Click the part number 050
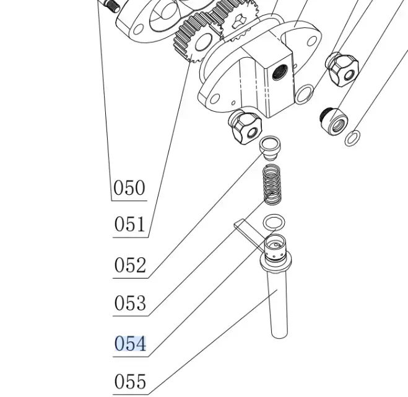129,187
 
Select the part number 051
129,224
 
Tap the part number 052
130,265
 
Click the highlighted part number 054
130,343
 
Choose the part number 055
130,381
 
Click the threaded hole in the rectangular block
277,73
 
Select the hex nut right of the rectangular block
341,68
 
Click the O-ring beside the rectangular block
304,94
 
